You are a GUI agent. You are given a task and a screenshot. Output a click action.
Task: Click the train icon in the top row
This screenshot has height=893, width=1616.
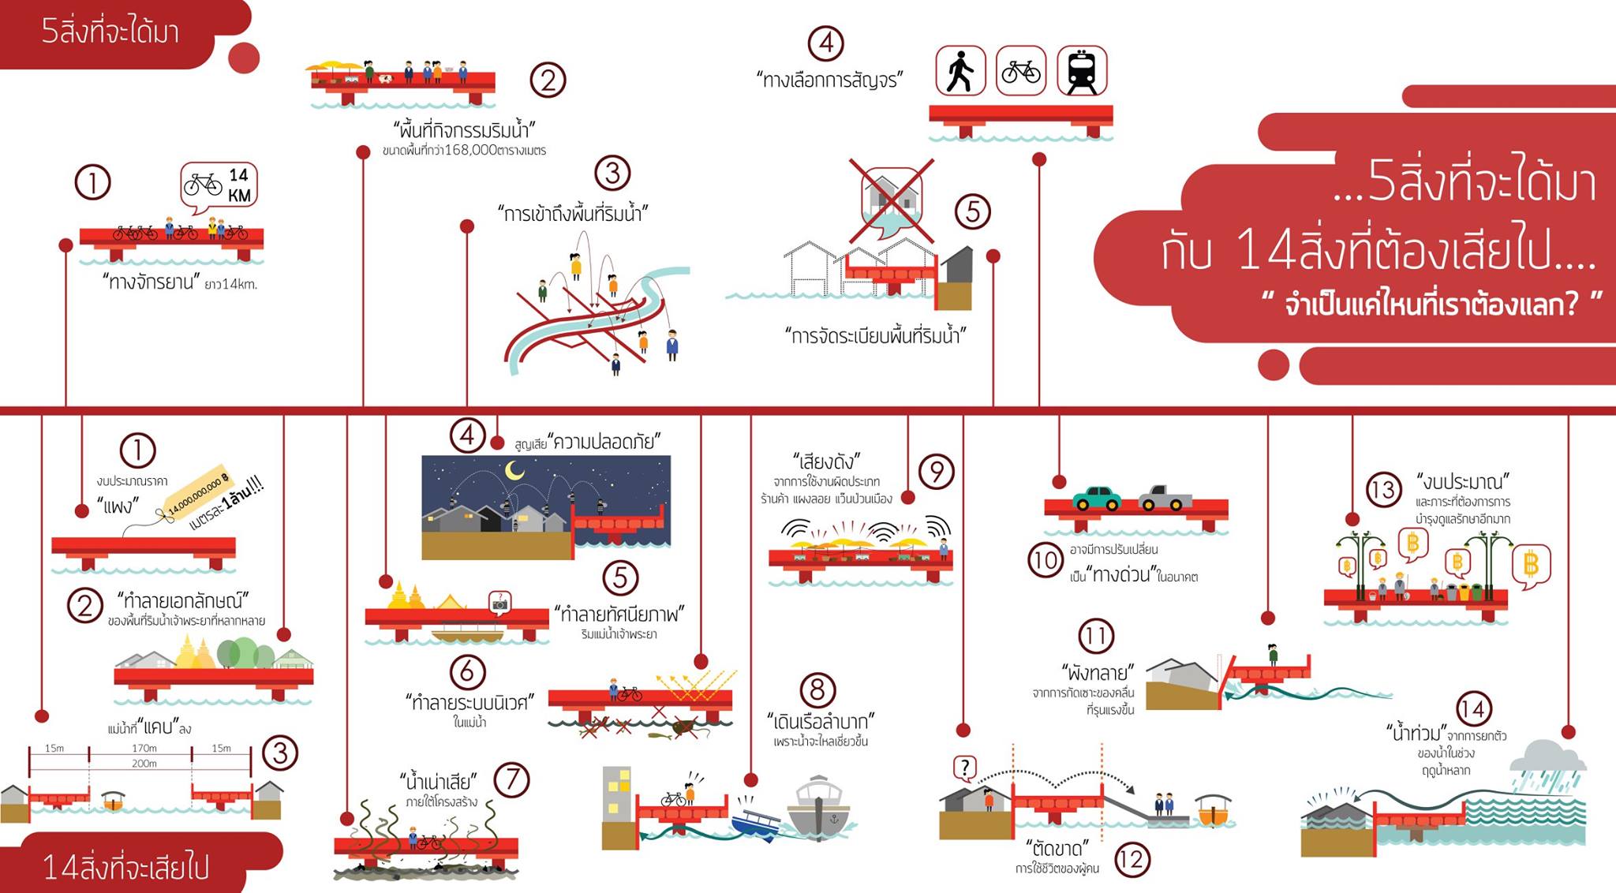coord(1081,71)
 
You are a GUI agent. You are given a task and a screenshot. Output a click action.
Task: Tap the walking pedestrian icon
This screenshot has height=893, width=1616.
coord(960,71)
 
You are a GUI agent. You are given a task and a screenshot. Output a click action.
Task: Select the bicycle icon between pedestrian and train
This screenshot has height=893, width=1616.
coord(1021,71)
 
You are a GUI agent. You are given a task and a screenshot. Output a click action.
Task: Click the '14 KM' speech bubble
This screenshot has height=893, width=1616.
coord(219,185)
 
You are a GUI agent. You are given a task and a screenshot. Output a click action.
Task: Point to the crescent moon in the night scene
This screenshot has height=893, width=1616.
coord(514,471)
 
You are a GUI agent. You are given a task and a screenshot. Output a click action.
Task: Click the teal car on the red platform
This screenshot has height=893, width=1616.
coord(1097,498)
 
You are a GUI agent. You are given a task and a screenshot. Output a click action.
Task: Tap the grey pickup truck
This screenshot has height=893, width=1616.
coord(1165,497)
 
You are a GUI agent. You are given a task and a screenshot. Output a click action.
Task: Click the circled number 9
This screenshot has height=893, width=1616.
coord(937,472)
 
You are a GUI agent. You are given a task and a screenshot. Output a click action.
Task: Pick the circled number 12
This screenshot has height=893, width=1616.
coord(1132,859)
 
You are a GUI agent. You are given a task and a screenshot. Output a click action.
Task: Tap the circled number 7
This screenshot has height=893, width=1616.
coord(511,779)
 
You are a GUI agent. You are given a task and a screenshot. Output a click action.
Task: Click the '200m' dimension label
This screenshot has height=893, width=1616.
coord(144,763)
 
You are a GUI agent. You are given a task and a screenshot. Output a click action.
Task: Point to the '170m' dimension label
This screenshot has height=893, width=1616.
coord(144,748)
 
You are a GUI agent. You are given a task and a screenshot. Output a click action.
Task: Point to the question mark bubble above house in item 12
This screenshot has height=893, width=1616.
coord(965,767)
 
